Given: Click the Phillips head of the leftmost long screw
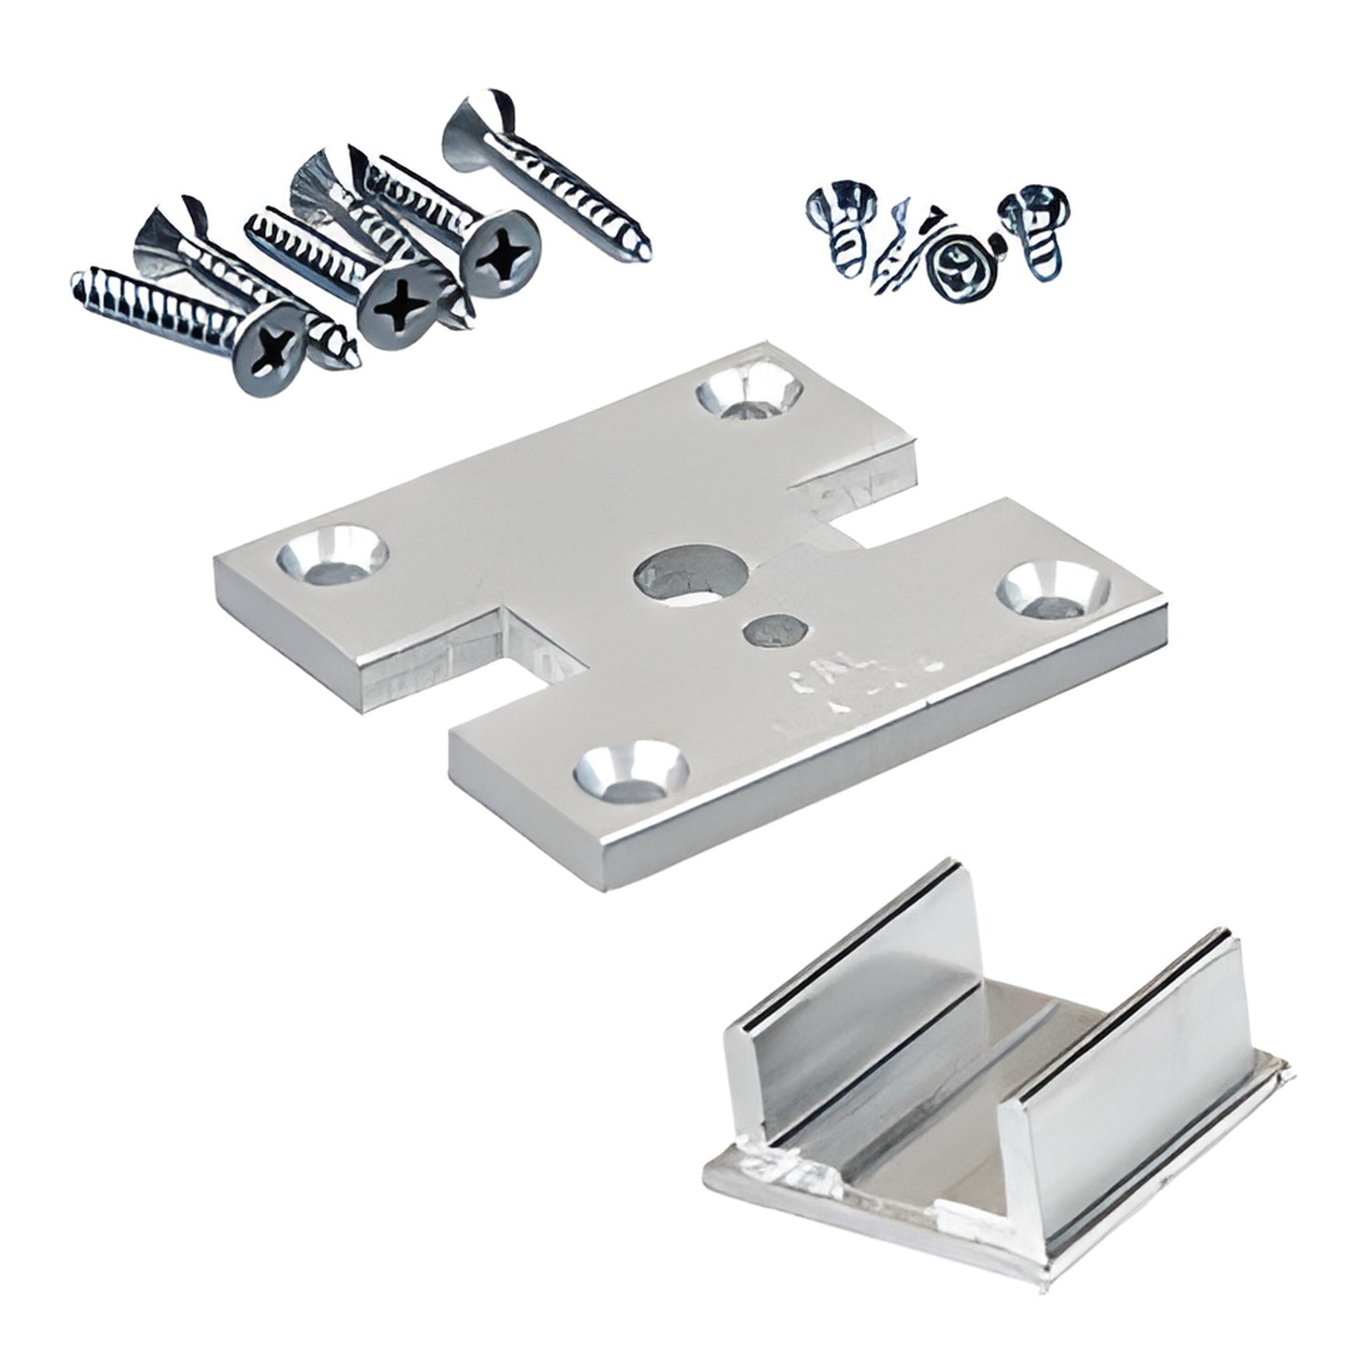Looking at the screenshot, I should tap(269, 347).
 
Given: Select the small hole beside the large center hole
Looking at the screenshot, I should tap(772, 632).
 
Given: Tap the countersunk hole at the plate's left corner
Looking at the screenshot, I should tap(332, 558).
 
